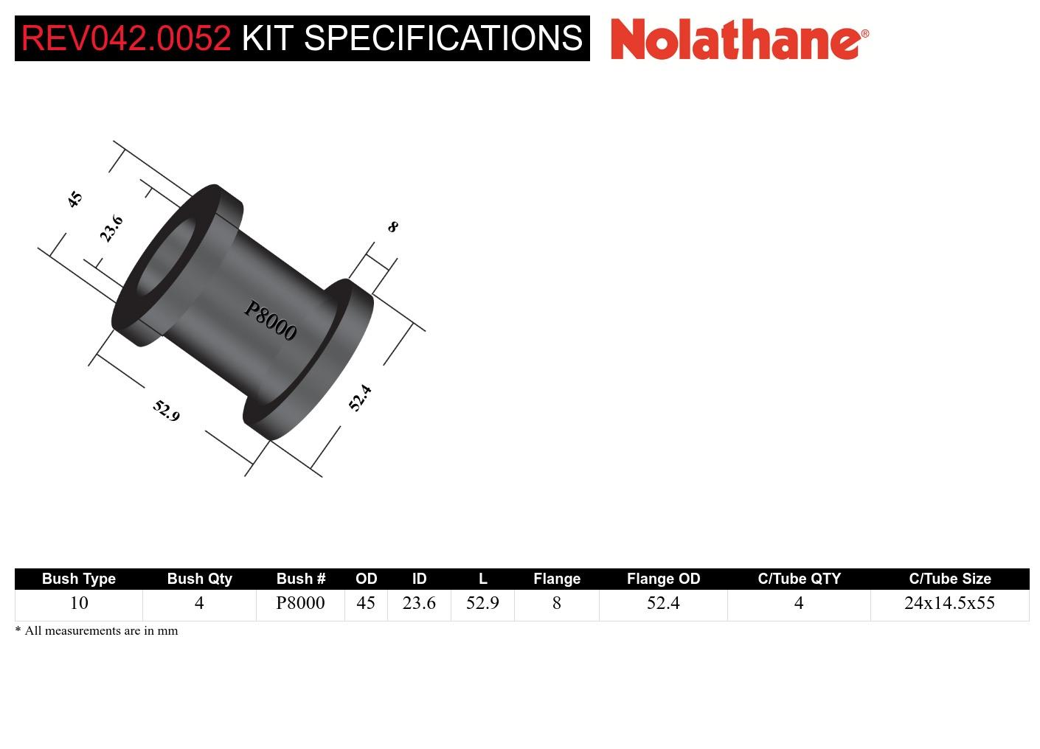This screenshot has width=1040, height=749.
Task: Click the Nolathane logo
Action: (x=739, y=38)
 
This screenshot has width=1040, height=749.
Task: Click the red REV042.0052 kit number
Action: (x=126, y=38)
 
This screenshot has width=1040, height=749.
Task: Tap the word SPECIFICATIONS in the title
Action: (x=443, y=38)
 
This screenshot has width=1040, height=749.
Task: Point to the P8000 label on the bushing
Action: (x=270, y=321)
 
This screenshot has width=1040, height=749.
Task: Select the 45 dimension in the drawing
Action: (x=74, y=199)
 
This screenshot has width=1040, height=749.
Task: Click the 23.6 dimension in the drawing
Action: (x=111, y=229)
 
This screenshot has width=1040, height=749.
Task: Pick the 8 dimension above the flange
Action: (x=392, y=227)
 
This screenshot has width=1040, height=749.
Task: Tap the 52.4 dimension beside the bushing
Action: (x=360, y=398)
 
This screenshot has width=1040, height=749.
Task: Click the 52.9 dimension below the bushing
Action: (x=167, y=410)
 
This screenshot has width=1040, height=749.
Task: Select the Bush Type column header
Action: (x=79, y=579)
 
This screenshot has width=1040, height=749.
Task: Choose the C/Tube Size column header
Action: (x=949, y=579)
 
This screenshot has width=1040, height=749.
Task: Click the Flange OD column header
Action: (x=663, y=579)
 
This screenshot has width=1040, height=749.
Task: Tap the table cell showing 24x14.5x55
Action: (x=949, y=603)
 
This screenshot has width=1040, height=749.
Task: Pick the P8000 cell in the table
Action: (x=300, y=603)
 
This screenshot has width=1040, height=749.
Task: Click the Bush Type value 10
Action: (x=79, y=603)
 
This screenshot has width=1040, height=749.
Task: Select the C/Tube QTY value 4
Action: (x=799, y=603)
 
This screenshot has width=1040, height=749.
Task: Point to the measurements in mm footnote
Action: (x=97, y=631)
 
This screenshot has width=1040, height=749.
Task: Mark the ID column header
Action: (x=419, y=579)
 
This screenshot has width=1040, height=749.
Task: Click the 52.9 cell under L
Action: (x=482, y=603)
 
